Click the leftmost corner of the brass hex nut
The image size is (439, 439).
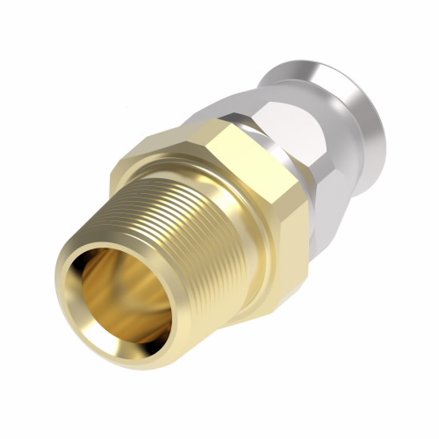(112, 176)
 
